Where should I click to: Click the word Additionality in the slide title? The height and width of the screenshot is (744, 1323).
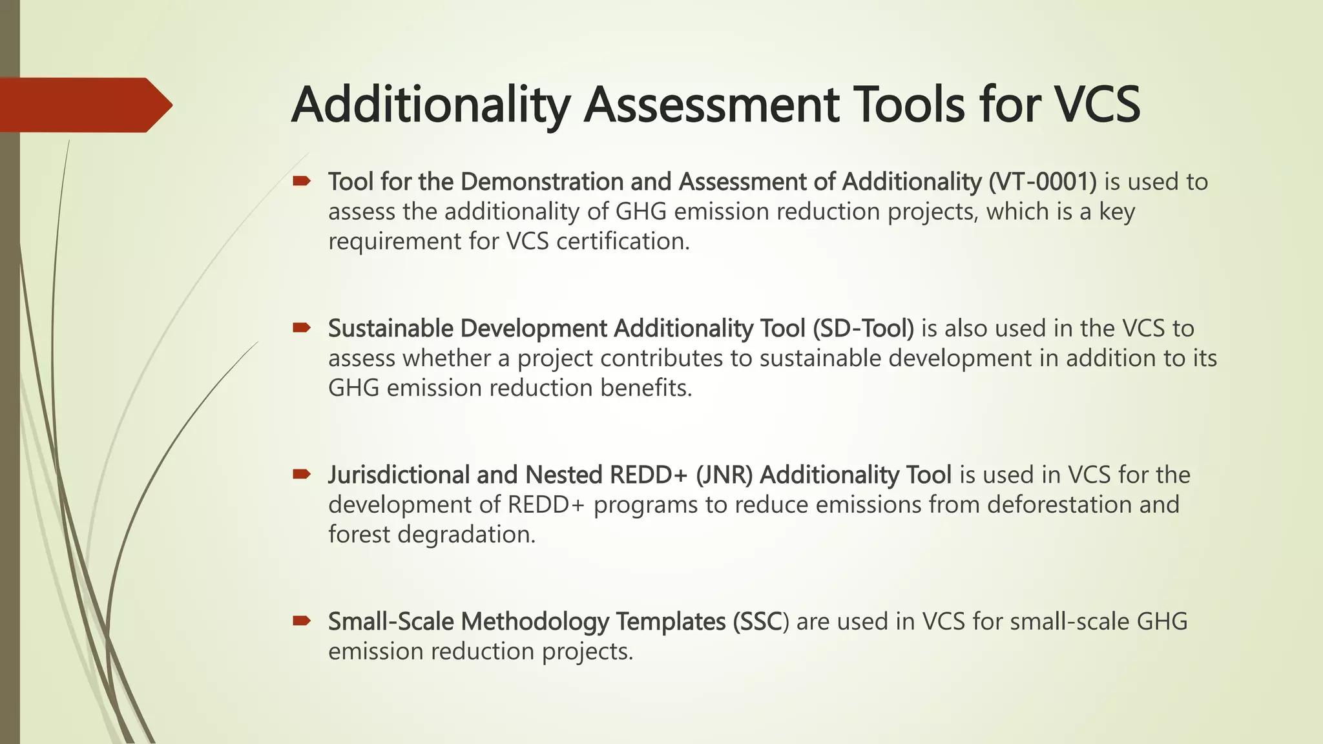tap(431, 105)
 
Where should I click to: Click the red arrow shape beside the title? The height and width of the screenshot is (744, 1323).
tap(84, 105)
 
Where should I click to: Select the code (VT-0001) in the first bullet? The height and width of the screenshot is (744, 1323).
tap(1042, 182)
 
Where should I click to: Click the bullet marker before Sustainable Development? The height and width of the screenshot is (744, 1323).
tap(302, 328)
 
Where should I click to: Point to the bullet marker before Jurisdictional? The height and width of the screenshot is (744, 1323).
tap(302, 475)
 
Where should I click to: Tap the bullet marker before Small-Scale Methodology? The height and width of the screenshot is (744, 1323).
tap(302, 621)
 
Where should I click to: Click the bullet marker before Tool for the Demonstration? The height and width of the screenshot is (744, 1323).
tap(302, 181)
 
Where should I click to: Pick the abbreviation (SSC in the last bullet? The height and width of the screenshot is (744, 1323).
tap(757, 622)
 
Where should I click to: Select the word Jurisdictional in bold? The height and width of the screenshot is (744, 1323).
tap(399, 475)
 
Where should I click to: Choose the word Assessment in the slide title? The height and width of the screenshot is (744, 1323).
tap(711, 105)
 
